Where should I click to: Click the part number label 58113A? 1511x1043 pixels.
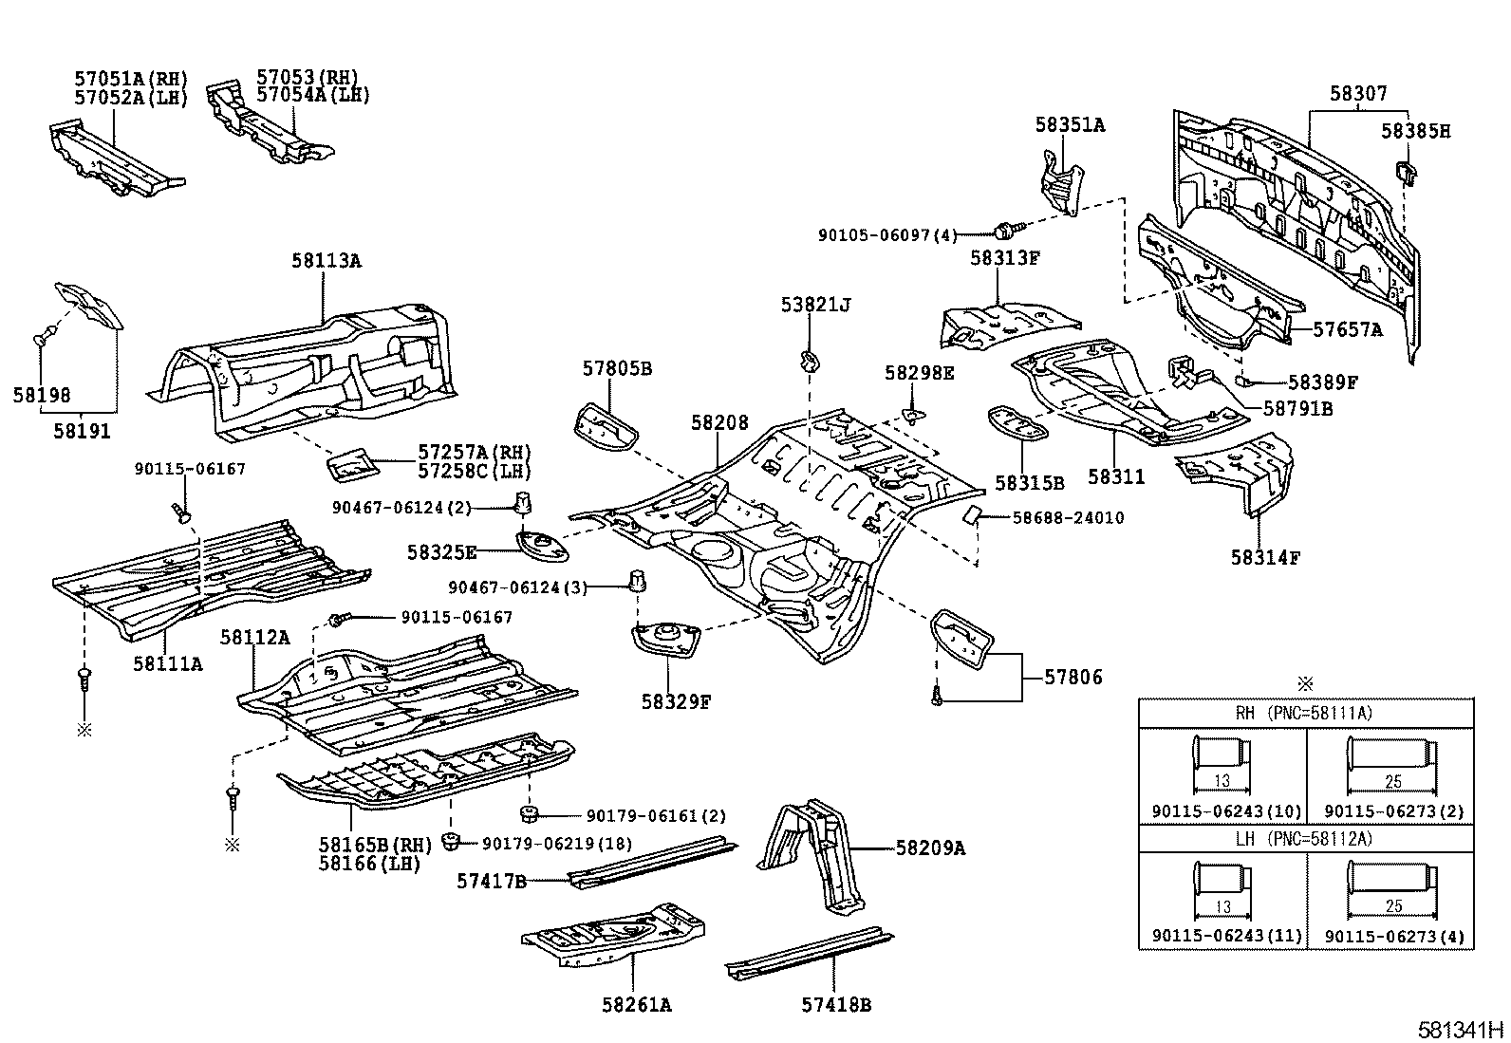pyautogui.click(x=326, y=260)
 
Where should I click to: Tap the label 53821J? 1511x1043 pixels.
pyautogui.click(x=815, y=305)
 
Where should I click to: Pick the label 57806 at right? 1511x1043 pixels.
pyautogui.click(x=1073, y=678)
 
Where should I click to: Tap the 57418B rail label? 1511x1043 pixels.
pyautogui.click(x=835, y=1004)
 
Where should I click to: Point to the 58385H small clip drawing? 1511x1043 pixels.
pyautogui.click(x=1407, y=171)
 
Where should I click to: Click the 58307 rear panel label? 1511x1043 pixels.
pyautogui.click(x=1357, y=93)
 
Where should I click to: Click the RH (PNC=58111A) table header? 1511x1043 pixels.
pyautogui.click(x=1306, y=713)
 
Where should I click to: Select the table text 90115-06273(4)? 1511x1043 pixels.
pyautogui.click(x=1393, y=937)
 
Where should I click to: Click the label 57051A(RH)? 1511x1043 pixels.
pyautogui.click(x=131, y=79)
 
